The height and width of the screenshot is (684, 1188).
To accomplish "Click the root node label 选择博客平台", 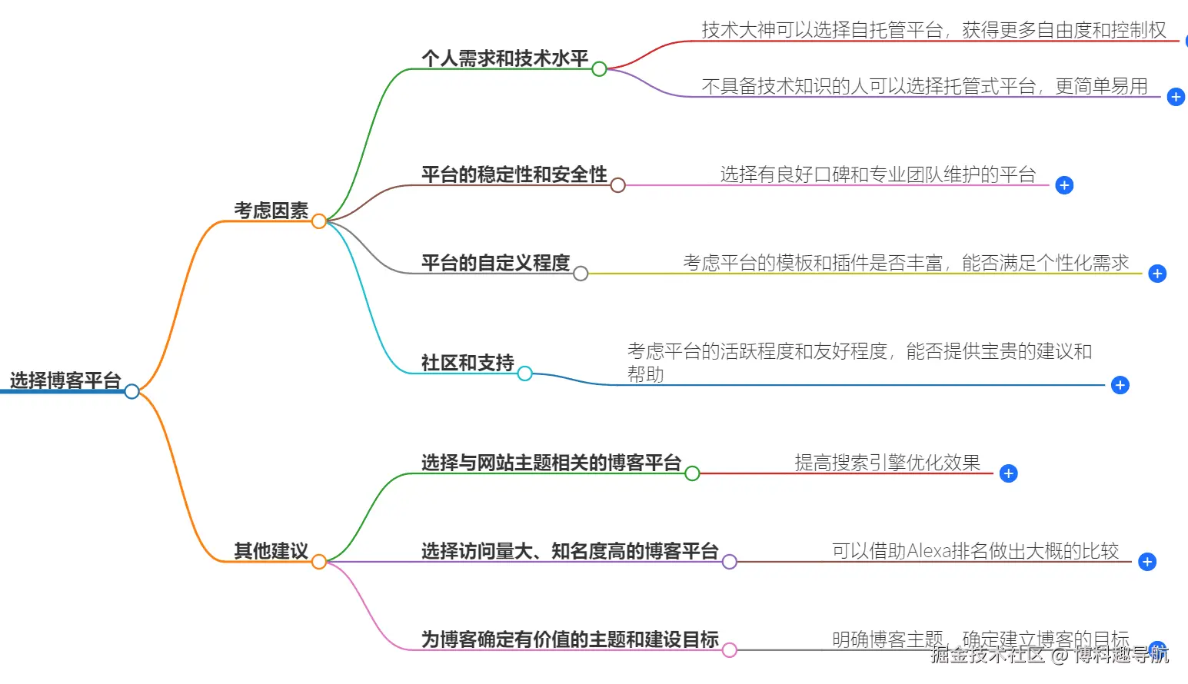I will pyautogui.click(x=65, y=380).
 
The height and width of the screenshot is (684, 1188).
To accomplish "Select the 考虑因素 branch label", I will pyautogui.click(x=271, y=211).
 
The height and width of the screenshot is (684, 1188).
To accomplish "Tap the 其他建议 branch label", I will pyautogui.click(x=271, y=551).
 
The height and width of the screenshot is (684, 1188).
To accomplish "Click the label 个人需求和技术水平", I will pyautogui.click(x=504, y=58).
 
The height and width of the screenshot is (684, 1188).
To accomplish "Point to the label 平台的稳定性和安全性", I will pyautogui.click(x=514, y=174).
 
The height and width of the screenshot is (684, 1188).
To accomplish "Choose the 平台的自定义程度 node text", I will pyautogui.click(x=495, y=263).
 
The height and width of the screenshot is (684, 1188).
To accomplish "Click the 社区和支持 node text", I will pyautogui.click(x=468, y=363).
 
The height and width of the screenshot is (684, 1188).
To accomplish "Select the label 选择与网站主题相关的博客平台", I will pyautogui.click(x=551, y=463).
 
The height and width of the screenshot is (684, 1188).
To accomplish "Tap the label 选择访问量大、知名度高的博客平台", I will pyautogui.click(x=569, y=551).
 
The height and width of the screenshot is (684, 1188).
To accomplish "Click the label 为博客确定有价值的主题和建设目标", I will pyautogui.click(x=569, y=639).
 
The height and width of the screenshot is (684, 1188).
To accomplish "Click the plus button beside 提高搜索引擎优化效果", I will pyautogui.click(x=1009, y=473).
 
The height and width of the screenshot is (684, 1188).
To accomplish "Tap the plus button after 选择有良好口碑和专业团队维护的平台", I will pyautogui.click(x=1064, y=185).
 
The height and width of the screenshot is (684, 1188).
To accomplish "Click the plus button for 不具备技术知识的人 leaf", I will pyautogui.click(x=1176, y=97).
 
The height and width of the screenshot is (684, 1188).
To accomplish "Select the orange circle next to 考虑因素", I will pyautogui.click(x=319, y=221).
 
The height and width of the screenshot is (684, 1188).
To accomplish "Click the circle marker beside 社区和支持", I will pyautogui.click(x=525, y=374).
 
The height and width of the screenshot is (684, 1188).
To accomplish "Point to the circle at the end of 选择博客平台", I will pyautogui.click(x=132, y=391).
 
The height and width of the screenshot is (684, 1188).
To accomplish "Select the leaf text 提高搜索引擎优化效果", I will pyautogui.click(x=887, y=463).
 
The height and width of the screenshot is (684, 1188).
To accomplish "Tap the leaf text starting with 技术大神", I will pyautogui.click(x=933, y=30).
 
